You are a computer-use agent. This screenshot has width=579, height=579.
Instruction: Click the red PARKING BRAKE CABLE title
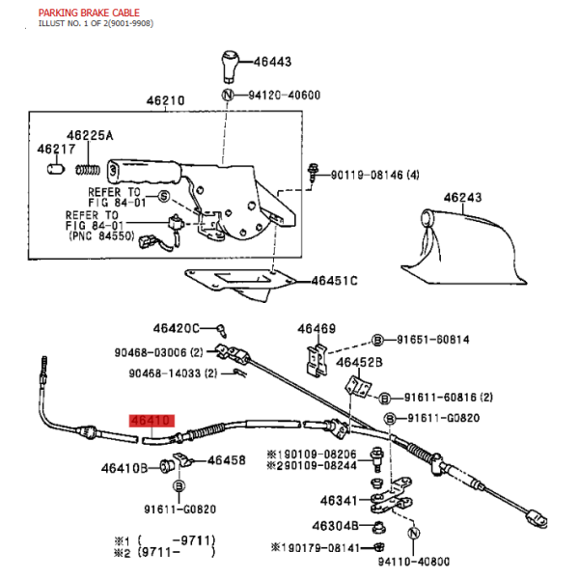coord(89,13)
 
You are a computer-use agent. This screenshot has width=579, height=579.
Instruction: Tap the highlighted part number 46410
coord(152,421)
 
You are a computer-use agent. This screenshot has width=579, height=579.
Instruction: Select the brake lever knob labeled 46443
coord(231,67)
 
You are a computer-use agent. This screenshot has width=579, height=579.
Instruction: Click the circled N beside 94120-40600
coord(228,95)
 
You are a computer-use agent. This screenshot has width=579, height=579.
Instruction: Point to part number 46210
coord(165,100)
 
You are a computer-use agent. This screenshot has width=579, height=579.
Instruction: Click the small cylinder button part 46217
coord(56,169)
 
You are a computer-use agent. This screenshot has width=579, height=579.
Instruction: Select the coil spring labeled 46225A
coord(88,170)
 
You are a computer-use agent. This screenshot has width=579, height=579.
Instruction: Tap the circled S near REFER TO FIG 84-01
coord(164,196)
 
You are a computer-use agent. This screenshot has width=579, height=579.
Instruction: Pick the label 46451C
coord(335,281)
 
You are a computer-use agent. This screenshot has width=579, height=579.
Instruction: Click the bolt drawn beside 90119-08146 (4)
coord(313,173)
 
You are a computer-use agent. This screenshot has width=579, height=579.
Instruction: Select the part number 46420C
coord(177,328)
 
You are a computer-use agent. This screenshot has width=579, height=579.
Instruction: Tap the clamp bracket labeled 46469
coord(317,360)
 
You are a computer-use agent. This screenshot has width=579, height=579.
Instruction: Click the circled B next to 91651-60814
coord(377,340)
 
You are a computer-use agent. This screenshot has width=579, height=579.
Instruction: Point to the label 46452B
coord(359,363)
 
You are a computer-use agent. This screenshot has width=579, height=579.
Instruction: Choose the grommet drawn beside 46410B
coord(167,466)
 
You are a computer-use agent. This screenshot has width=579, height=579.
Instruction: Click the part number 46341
coord(339,501)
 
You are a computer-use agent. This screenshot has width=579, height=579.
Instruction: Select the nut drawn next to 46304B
coord(378,528)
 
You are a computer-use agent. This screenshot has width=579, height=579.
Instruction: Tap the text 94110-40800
coord(414,562)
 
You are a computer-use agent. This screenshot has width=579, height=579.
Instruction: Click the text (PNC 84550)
coord(102,236)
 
